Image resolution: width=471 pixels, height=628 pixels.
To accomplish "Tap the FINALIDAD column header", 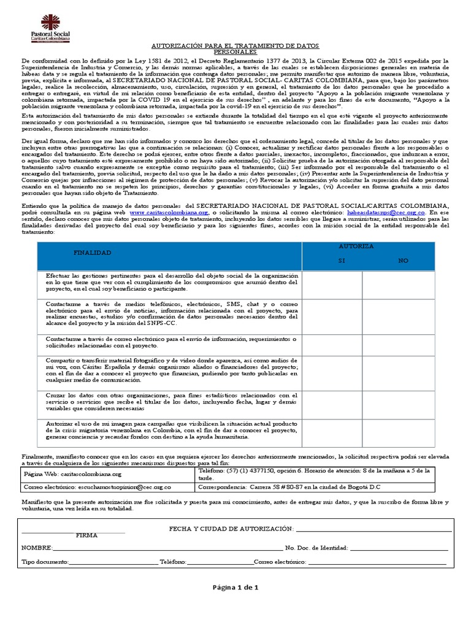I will tap(92, 253).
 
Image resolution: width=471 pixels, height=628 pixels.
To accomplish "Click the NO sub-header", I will tap(403, 261).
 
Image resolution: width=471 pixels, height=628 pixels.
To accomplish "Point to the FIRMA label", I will tap(87, 535).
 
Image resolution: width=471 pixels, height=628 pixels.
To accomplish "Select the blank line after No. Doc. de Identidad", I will tap(399, 548).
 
